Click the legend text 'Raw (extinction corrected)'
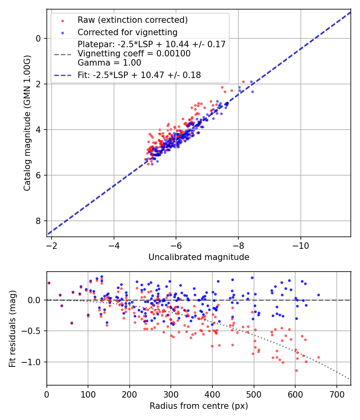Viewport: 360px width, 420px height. pyautogui.click(x=132, y=20)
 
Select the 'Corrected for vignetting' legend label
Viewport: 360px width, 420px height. pyautogui.click(x=128, y=32)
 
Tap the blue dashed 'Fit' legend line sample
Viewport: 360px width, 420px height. pyautogui.click(x=62, y=75)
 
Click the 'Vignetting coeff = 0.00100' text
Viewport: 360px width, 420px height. pyautogui.click(x=134, y=54)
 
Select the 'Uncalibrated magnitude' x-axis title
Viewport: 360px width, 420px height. pyautogui.click(x=199, y=257)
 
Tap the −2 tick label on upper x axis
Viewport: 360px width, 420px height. pyautogui.click(x=52, y=245)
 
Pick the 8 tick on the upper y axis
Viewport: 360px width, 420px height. pyautogui.click(x=39, y=221)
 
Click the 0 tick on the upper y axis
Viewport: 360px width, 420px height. pyautogui.click(x=39, y=38)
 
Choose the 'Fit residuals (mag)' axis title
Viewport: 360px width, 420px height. pyautogui.click(x=13, y=329)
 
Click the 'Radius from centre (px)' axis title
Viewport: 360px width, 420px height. pyautogui.click(x=199, y=406)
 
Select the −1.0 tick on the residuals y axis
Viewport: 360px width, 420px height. pyautogui.click(x=33, y=362)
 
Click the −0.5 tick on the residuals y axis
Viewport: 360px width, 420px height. pyautogui.click(x=33, y=331)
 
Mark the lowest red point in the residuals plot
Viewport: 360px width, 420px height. pyautogui.click(x=296, y=370)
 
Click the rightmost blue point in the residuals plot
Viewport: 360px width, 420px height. pyautogui.click(x=318, y=295)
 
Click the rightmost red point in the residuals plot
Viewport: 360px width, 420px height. pyautogui.click(x=318, y=357)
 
